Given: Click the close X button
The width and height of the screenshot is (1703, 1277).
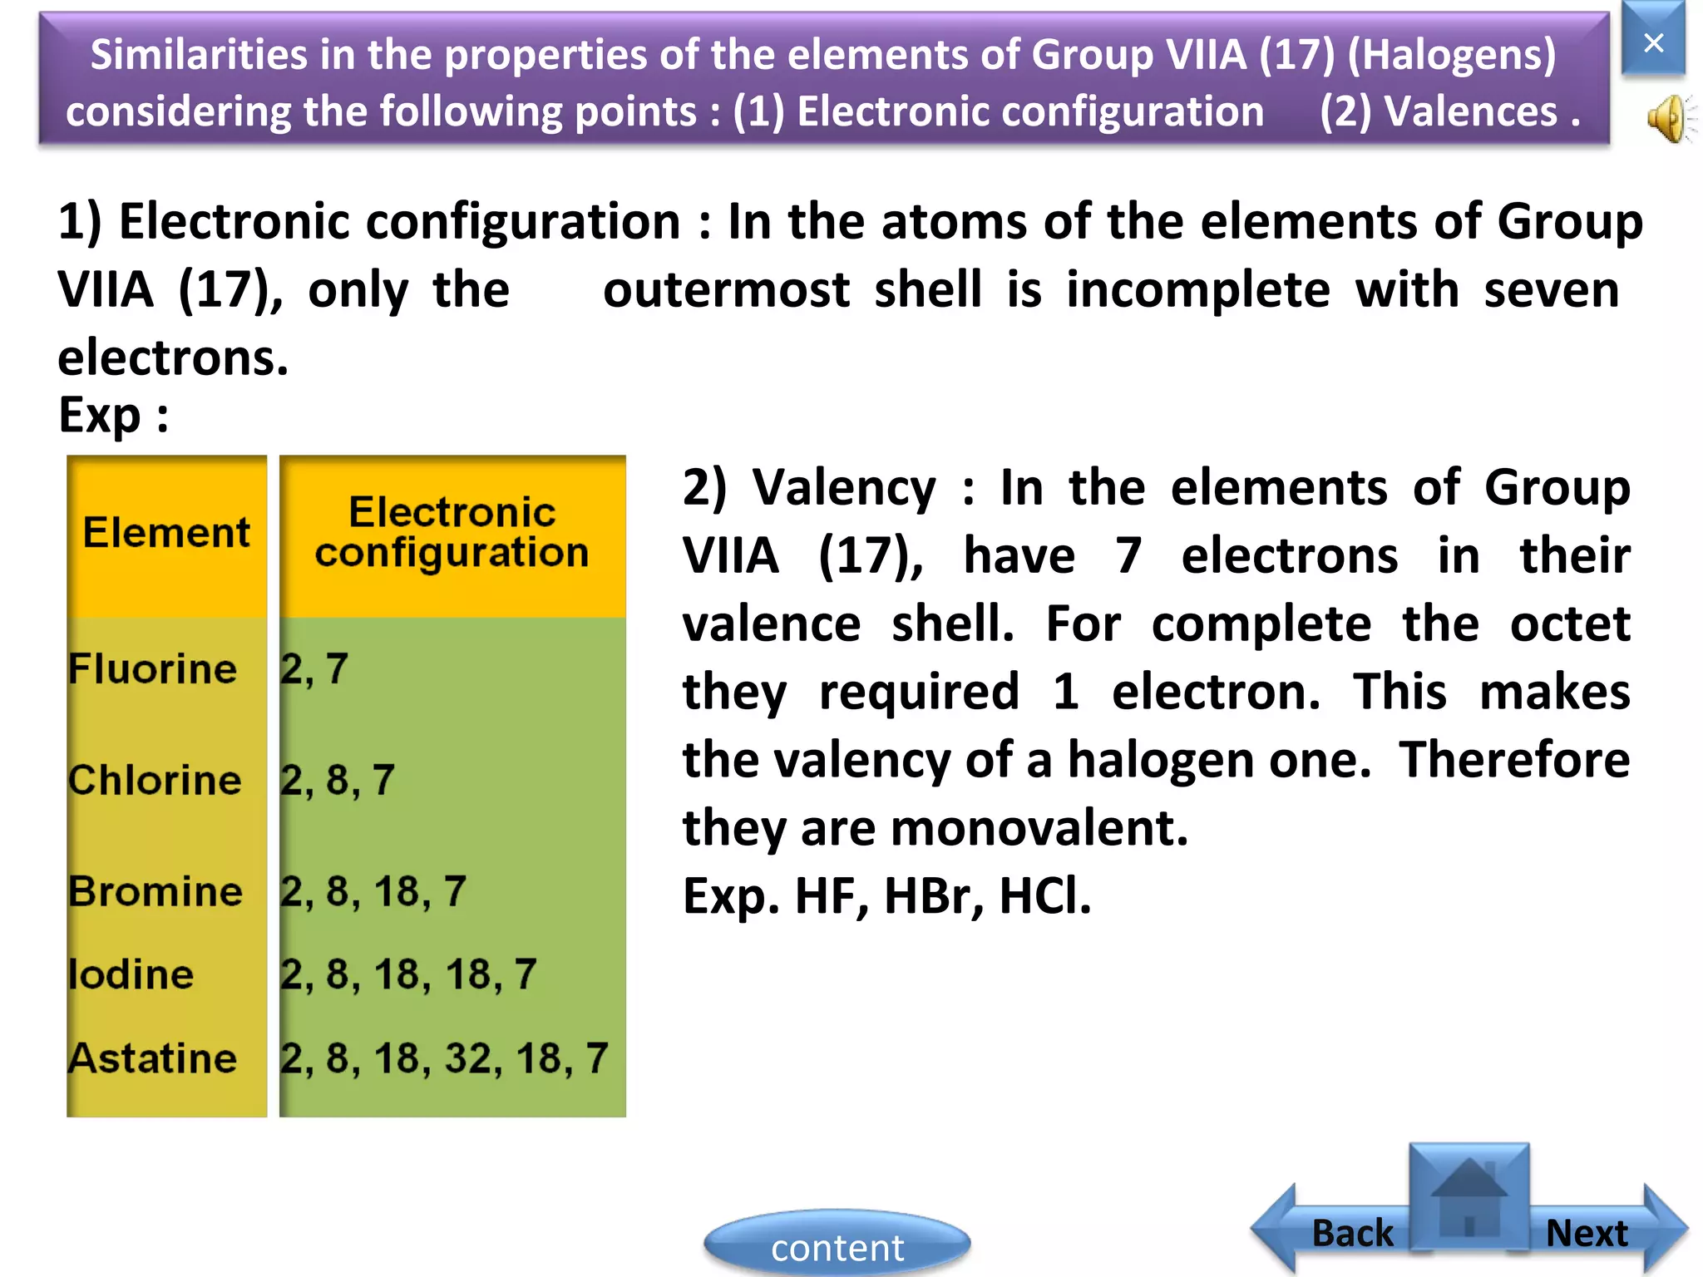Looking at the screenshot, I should [x=1653, y=42].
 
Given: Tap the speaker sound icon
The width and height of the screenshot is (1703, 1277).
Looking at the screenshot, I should [x=1668, y=119].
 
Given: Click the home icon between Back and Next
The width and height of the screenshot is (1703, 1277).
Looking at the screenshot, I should [x=1469, y=1197].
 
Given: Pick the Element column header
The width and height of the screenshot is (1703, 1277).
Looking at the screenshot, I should [x=166, y=532].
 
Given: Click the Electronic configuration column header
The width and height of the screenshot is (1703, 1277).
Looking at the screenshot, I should [x=452, y=532].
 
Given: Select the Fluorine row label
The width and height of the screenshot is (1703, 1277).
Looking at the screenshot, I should [x=153, y=668].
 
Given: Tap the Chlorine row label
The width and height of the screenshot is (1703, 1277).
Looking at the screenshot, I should [x=155, y=780].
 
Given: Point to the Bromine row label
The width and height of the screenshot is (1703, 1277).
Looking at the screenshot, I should [x=155, y=891].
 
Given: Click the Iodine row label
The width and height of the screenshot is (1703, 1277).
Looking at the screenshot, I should [x=131, y=974].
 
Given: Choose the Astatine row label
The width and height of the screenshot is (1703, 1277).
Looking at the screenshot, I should [x=153, y=1058].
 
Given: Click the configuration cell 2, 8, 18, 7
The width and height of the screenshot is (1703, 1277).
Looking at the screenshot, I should [x=373, y=891].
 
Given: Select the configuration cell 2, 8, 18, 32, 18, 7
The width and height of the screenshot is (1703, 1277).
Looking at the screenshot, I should [x=444, y=1058].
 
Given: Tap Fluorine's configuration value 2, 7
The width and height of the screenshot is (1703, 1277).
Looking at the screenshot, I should [x=313, y=668].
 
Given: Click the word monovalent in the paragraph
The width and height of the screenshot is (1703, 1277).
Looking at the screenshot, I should [x=1038, y=828].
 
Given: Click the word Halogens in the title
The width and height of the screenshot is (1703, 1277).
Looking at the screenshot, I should [x=1451, y=55].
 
